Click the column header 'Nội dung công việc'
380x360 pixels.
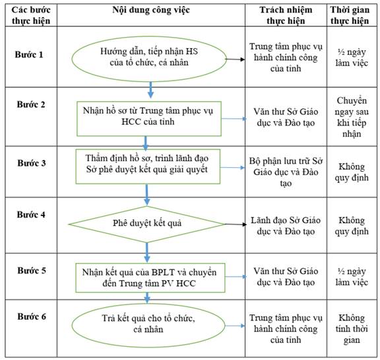pyautogui.click(x=150, y=10)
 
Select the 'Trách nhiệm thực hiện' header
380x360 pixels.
pyautogui.click(x=286, y=15)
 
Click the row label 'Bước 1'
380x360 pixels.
pyautogui.click(x=29, y=55)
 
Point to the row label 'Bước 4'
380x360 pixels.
pyautogui.click(x=31, y=215)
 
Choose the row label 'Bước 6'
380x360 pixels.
pyautogui.click(x=32, y=316)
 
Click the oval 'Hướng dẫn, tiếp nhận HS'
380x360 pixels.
pyautogui.click(x=149, y=59)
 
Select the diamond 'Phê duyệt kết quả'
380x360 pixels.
pyautogui.click(x=147, y=224)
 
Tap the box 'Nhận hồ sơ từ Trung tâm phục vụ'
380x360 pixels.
pyautogui.click(x=149, y=119)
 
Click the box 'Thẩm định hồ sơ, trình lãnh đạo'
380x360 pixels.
pyautogui.click(x=148, y=166)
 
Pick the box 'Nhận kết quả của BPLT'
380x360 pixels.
pyautogui.click(x=150, y=278)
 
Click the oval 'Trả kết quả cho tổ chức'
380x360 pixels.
pyautogui.click(x=148, y=326)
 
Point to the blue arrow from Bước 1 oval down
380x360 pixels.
pyautogui.click(x=150, y=90)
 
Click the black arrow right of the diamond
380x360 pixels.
pyautogui.click(x=236, y=225)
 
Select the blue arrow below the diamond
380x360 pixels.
pyautogui.click(x=147, y=252)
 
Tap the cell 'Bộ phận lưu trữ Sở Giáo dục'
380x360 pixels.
pyautogui.click(x=286, y=172)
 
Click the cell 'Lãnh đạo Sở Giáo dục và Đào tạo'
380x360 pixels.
pyautogui.click(x=286, y=226)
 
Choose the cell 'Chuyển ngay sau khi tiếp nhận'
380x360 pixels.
pyautogui.click(x=352, y=117)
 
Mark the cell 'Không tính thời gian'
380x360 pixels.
pyautogui.click(x=352, y=329)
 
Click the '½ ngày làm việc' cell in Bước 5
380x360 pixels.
pyautogui.click(x=352, y=277)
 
